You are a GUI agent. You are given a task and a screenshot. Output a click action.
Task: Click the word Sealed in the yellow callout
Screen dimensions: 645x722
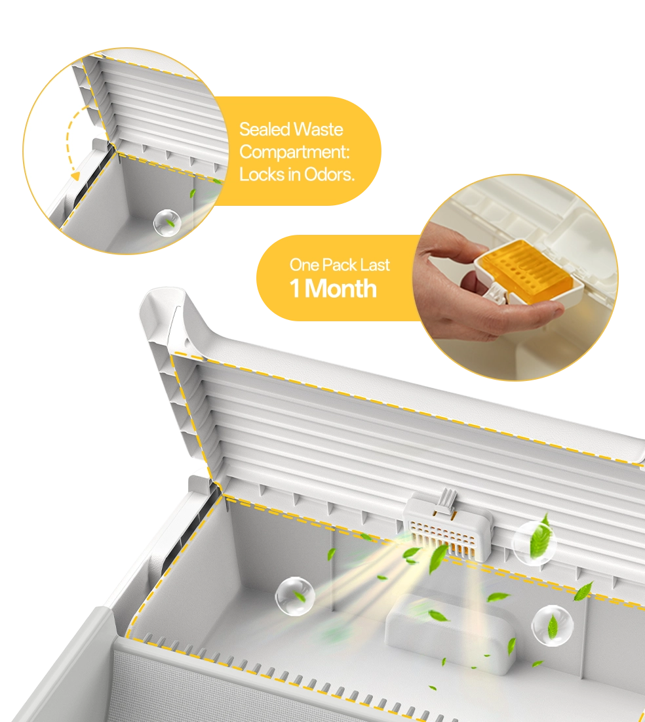[x=263, y=129]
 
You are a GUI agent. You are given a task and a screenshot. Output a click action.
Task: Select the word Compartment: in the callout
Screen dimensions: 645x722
[x=295, y=152]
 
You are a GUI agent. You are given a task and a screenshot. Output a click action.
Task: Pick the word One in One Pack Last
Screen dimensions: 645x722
[x=304, y=265]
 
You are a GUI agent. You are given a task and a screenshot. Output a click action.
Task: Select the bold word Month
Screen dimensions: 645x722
[x=341, y=289]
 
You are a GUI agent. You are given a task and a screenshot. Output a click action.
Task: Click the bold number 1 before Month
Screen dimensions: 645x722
[x=295, y=289]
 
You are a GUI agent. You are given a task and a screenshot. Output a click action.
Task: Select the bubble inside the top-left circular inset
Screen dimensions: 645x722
[x=166, y=224]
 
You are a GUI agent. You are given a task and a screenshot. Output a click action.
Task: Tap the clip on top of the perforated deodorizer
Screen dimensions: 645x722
[x=446, y=501]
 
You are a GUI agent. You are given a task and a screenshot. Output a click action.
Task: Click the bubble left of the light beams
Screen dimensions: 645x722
[x=295, y=597]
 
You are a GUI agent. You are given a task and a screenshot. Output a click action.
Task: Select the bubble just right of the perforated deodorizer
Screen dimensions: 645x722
[x=534, y=544]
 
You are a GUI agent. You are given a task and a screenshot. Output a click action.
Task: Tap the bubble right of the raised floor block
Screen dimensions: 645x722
[x=553, y=626]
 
